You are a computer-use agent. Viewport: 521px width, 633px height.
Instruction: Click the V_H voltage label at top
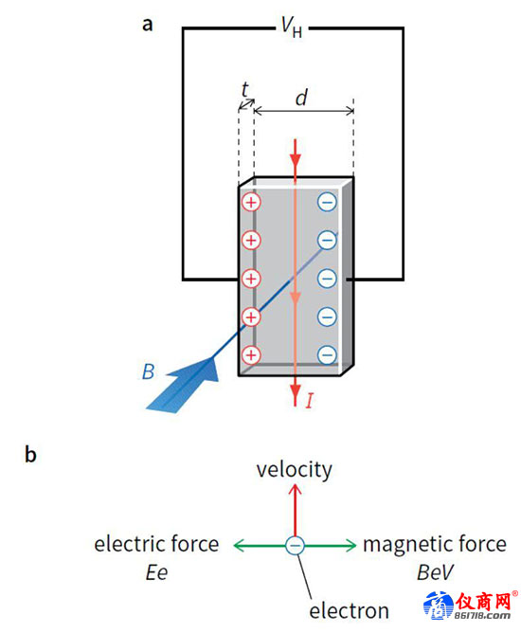(x=292, y=28)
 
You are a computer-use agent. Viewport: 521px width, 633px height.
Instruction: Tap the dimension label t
(x=245, y=89)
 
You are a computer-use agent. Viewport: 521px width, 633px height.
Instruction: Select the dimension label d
(x=301, y=98)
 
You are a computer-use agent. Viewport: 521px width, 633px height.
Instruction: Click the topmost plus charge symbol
(x=251, y=202)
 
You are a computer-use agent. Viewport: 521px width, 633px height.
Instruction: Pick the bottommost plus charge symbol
(x=251, y=354)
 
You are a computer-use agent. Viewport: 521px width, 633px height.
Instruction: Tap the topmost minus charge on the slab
(x=327, y=202)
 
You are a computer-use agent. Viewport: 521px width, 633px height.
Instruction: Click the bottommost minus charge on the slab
(x=327, y=354)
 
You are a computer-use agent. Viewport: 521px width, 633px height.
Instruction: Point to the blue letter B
(x=149, y=371)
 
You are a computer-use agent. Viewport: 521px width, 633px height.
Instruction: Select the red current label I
(x=309, y=401)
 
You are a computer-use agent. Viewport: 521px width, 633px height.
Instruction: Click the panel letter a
(x=148, y=25)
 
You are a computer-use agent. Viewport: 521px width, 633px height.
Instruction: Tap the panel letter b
(x=30, y=454)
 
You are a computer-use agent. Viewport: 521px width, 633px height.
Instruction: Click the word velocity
(x=295, y=470)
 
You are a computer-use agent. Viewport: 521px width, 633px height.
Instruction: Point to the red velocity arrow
(x=296, y=510)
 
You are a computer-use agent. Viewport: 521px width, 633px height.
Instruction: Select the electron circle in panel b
(x=296, y=546)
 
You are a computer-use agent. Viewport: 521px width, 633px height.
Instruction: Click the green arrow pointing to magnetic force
(x=331, y=546)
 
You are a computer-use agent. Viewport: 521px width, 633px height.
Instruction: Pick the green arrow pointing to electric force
(x=260, y=546)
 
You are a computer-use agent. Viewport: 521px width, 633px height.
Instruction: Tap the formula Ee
(x=156, y=572)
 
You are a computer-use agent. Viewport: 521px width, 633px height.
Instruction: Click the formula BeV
(x=435, y=572)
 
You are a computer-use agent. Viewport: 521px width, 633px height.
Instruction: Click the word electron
(x=350, y=611)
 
